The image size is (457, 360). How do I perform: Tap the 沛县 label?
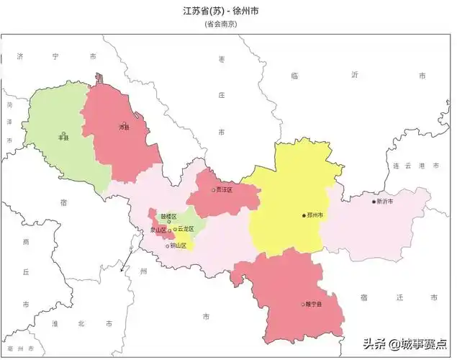125,127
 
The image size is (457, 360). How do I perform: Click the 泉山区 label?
158,230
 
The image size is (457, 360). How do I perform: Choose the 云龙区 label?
186,229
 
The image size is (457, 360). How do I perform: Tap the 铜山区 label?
178,246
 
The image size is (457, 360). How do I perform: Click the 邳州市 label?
315,215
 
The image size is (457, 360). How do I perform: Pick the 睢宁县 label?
312,305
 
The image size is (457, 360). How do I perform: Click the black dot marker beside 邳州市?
304,215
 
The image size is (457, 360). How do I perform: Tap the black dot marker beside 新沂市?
374,202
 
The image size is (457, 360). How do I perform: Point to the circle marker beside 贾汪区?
214,190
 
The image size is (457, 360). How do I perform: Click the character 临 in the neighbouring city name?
294,75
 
